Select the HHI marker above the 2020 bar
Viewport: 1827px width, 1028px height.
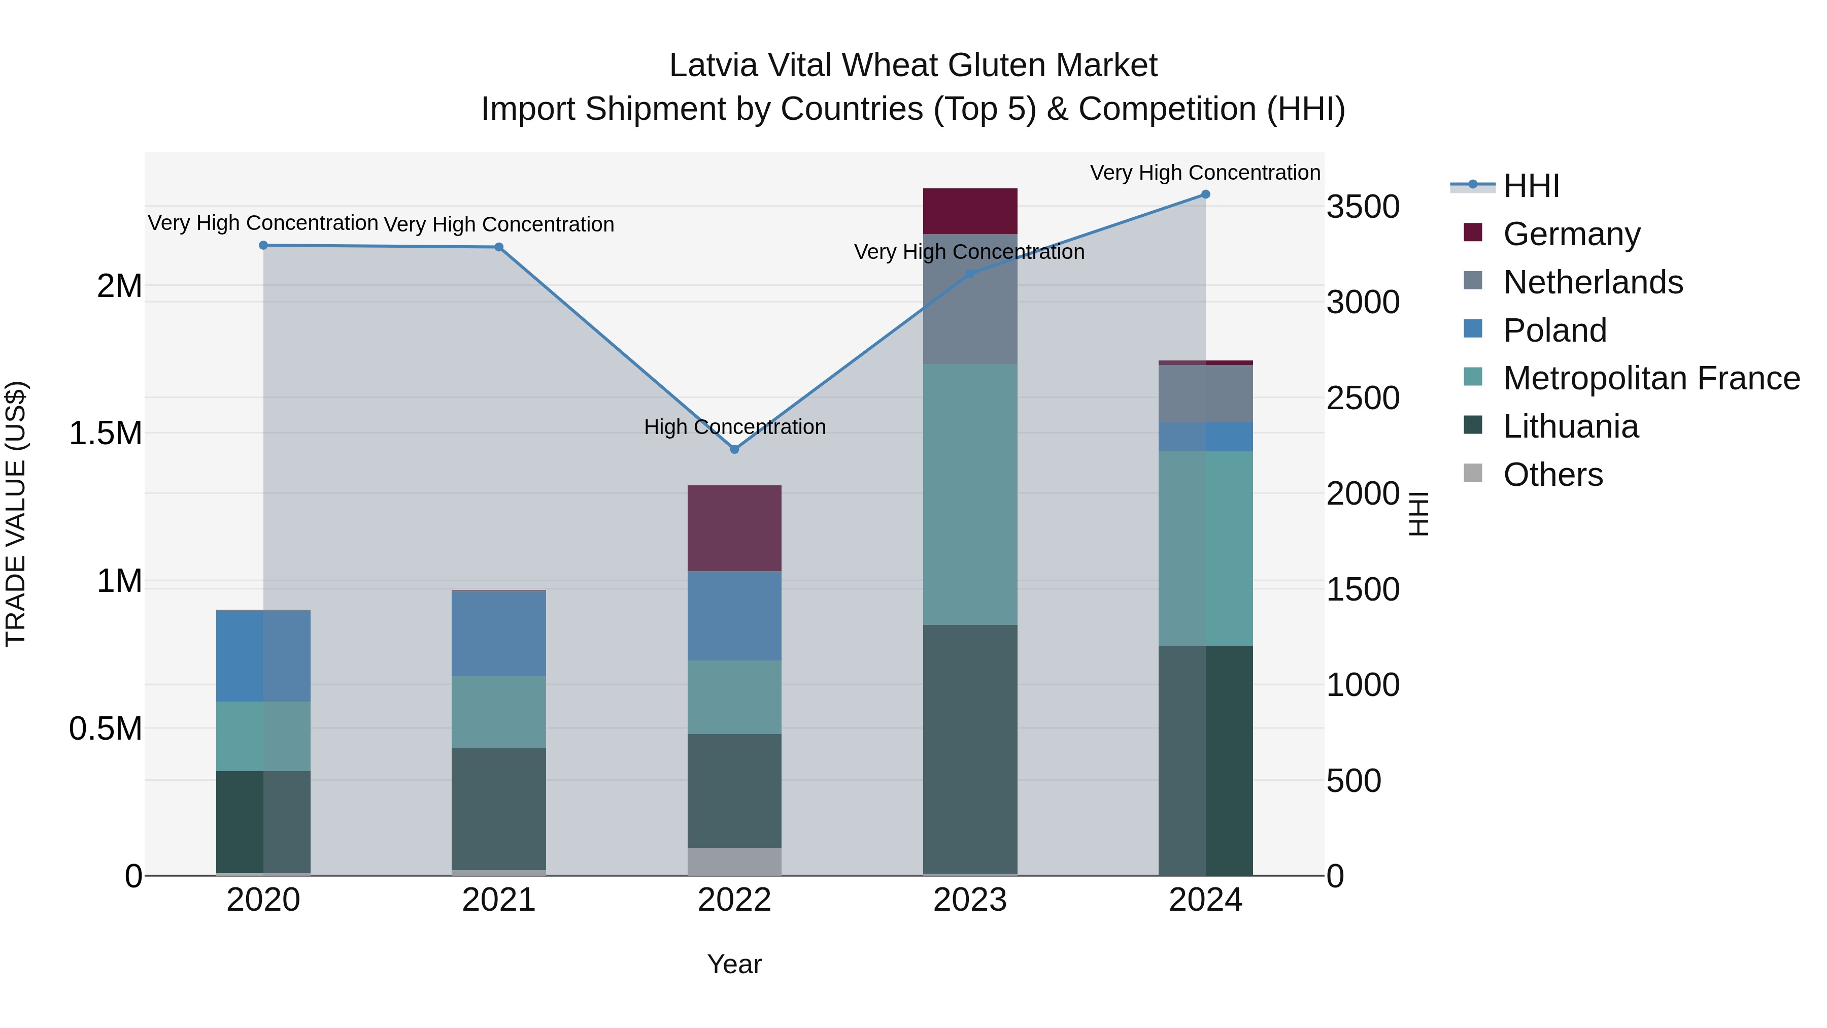(x=263, y=246)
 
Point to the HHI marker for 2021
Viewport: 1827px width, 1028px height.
(x=498, y=247)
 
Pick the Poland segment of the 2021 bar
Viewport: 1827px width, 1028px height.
(x=498, y=633)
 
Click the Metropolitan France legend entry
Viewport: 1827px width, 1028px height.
(x=1651, y=378)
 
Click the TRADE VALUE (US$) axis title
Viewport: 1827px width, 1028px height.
(x=16, y=514)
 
